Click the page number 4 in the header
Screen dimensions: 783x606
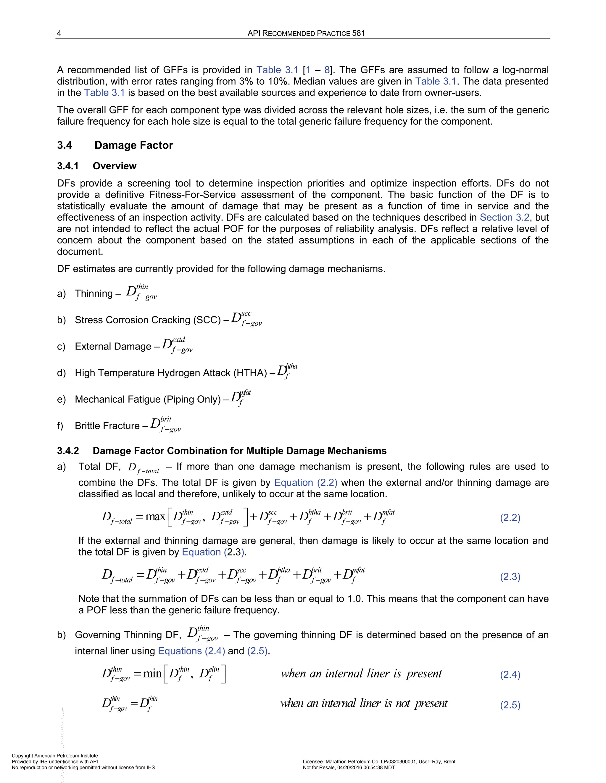[59, 33]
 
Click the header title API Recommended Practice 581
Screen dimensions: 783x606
[306, 33]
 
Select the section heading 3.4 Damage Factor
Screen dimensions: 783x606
[115, 145]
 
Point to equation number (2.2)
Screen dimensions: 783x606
[510, 518]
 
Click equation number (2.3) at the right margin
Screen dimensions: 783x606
[510, 576]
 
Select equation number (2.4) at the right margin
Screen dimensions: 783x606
[510, 675]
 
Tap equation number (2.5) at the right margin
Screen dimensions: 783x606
[510, 705]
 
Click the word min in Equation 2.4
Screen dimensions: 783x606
[152, 674]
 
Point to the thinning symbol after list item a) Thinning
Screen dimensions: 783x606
[141, 292]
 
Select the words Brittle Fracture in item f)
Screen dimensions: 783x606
[107, 425]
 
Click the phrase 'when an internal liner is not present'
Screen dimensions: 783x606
[364, 704]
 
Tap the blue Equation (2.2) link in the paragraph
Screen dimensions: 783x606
[305, 483]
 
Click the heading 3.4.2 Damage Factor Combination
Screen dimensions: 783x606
[222, 451]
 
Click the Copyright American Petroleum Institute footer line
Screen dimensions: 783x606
[55, 756]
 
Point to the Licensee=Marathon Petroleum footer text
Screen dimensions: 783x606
[379, 761]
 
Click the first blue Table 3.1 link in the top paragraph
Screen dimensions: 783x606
[277, 70]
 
